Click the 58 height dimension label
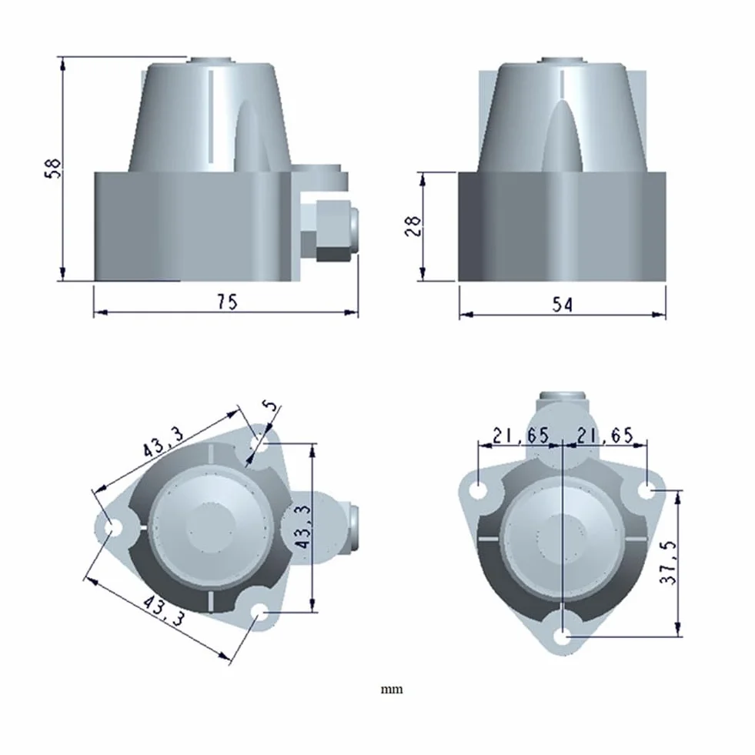[x=53, y=168]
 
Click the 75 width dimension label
[x=227, y=302]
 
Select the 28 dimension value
[x=413, y=225]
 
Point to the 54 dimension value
[x=563, y=304]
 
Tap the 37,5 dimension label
[x=668, y=563]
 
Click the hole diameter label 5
[x=272, y=406]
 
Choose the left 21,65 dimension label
[x=521, y=436]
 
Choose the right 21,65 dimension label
[x=605, y=436]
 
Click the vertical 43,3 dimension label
[x=303, y=526]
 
